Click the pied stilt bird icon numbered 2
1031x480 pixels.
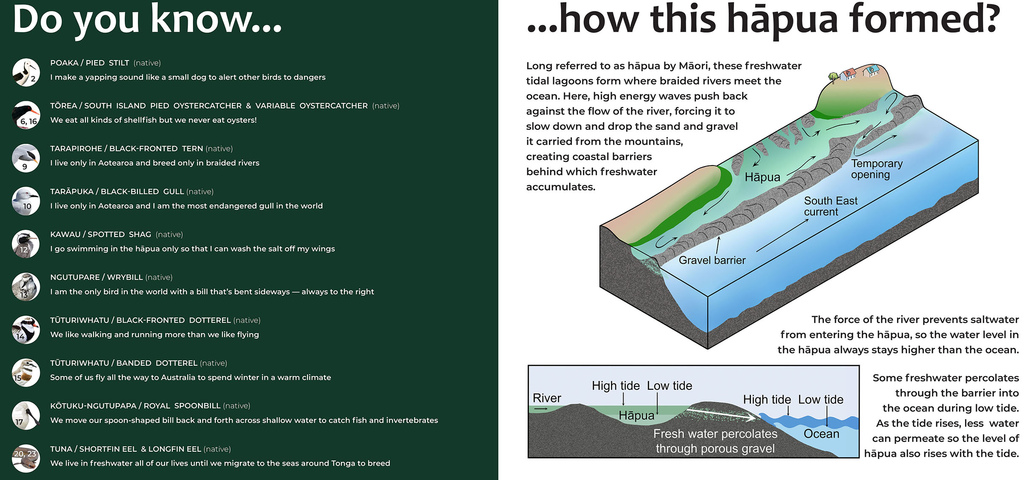(x=26, y=72)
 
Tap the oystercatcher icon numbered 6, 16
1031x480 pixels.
(x=26, y=115)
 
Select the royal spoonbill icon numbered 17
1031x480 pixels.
(x=26, y=415)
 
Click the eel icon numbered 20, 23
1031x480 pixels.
(x=26, y=458)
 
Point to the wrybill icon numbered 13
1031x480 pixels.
(x=26, y=287)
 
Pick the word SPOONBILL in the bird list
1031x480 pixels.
(x=198, y=406)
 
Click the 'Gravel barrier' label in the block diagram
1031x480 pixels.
(x=712, y=260)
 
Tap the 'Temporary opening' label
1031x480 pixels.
(x=877, y=169)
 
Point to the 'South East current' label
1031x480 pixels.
(x=830, y=206)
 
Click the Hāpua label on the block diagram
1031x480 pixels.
(x=762, y=177)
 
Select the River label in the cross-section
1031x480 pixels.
(x=547, y=398)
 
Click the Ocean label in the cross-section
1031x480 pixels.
(x=821, y=434)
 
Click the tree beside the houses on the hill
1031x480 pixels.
(x=833, y=77)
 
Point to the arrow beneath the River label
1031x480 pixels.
(x=541, y=409)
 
